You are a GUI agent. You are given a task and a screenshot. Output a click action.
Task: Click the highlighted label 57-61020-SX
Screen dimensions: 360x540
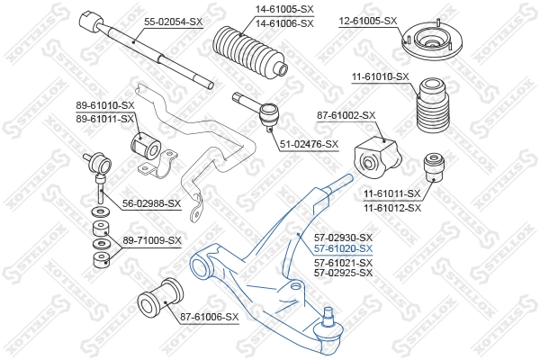343,247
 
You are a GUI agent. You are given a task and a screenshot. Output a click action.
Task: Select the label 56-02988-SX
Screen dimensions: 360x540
151,203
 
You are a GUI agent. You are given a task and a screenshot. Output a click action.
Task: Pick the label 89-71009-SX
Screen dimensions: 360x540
152,241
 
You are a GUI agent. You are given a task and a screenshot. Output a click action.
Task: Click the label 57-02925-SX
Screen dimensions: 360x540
343,272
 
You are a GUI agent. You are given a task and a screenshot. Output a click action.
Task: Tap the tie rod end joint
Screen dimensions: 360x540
267,114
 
